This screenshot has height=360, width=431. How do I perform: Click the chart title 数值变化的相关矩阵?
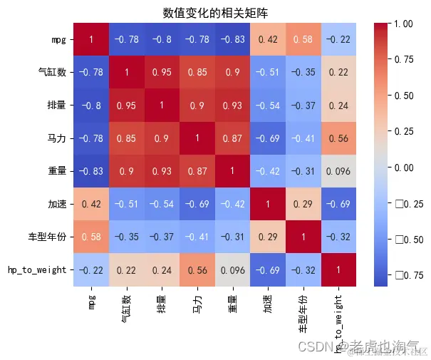(x=215, y=13)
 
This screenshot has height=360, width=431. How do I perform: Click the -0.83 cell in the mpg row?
(x=234, y=40)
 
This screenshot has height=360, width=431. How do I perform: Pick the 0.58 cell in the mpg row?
(x=304, y=40)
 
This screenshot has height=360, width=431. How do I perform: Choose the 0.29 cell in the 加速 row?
(x=304, y=204)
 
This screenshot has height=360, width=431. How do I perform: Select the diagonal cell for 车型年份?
(x=304, y=237)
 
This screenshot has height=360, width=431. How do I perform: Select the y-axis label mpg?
(x=60, y=40)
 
